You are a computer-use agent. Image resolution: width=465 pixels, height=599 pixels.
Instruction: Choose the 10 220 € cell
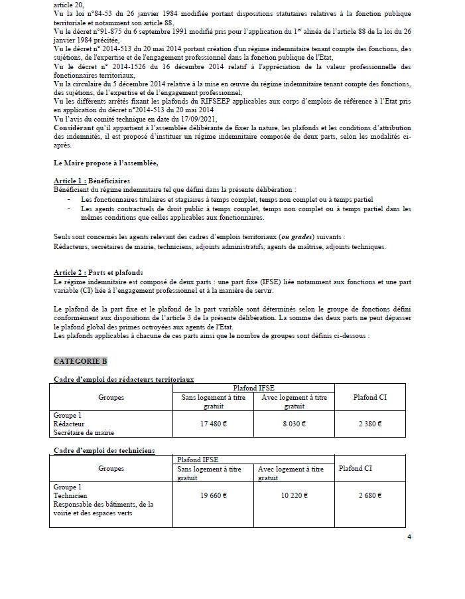click(x=295, y=495)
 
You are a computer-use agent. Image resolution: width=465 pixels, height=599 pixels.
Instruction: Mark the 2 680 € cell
click(x=371, y=495)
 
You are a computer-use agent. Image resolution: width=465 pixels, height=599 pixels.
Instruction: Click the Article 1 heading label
click(x=70, y=181)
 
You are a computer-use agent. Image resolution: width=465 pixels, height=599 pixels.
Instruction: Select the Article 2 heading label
click(x=70, y=273)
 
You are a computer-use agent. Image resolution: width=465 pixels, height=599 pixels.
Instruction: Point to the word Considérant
click(x=78, y=126)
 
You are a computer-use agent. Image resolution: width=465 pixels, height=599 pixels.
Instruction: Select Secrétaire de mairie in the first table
click(x=84, y=432)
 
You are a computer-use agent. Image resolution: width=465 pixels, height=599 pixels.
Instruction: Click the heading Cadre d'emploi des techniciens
click(x=104, y=450)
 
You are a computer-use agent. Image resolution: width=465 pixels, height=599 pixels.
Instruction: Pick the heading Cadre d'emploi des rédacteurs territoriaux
click(x=123, y=379)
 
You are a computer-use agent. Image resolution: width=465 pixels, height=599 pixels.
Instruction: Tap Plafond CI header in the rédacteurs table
click(x=370, y=397)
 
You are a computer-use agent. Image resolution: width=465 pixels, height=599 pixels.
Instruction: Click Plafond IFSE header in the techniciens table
click(x=197, y=459)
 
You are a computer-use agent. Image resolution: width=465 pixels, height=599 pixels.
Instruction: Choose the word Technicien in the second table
click(x=70, y=495)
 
